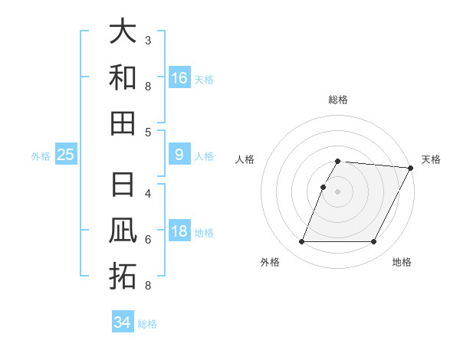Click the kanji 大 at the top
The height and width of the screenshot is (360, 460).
[x=123, y=31]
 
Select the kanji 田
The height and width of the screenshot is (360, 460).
[x=123, y=123]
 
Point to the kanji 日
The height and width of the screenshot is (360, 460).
[x=123, y=185]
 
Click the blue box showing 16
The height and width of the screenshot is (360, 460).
[x=179, y=77]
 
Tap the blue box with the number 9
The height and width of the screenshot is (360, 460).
[x=179, y=155]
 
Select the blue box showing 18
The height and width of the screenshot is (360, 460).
[x=179, y=231]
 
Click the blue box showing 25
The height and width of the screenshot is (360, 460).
[x=66, y=155]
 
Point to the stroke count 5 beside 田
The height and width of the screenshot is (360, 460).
[x=148, y=132]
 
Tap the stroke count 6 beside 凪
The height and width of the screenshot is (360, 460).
[x=148, y=240]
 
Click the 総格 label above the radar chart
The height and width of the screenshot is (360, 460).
[x=338, y=100]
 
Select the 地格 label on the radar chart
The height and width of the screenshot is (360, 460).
[x=402, y=262]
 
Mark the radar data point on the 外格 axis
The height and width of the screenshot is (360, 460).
[x=301, y=242]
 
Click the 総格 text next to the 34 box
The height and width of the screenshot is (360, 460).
[x=147, y=324]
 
